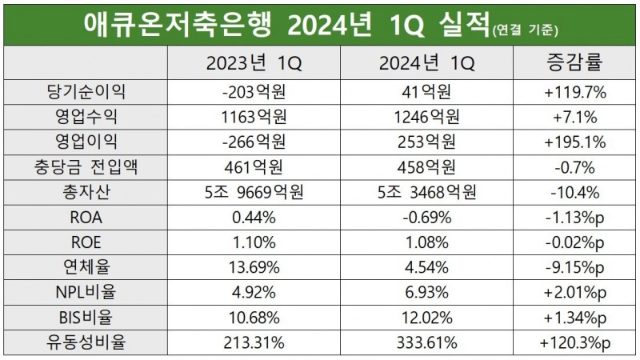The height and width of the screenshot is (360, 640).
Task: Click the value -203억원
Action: [257, 93]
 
